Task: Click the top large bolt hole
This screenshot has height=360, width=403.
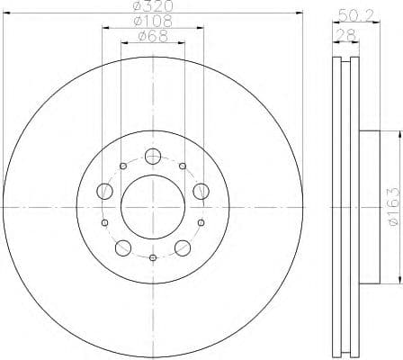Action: pyautogui.click(x=153, y=153)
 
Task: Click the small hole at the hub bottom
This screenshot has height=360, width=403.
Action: pyautogui.click(x=153, y=259)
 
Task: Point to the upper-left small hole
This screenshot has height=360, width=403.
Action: pyautogui.click(x=123, y=166)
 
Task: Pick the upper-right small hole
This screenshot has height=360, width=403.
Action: pyautogui.click(x=183, y=166)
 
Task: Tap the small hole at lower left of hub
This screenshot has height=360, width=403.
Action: pyautogui.click(x=104, y=222)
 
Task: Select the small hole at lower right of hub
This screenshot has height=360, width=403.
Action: pyautogui.click(x=201, y=222)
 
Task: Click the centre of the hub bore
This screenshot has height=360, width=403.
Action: pyautogui.click(x=153, y=208)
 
